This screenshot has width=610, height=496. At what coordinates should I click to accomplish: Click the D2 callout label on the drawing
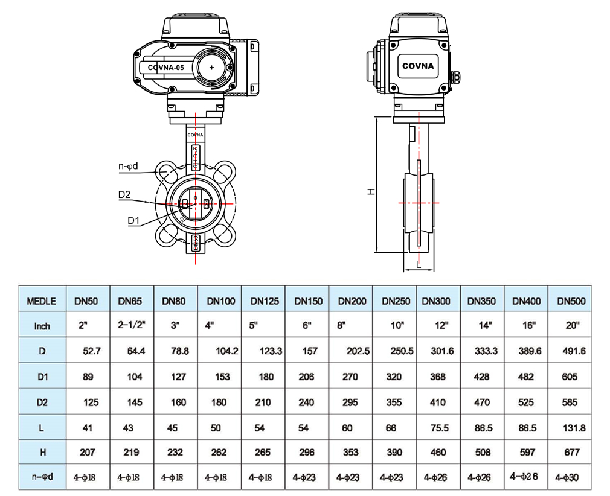coord(124,194)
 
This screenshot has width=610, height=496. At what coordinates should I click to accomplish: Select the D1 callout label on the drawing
coord(134,221)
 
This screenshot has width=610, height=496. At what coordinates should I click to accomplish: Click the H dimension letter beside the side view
coord(371,191)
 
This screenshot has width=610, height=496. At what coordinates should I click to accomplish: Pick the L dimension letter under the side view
coord(419,264)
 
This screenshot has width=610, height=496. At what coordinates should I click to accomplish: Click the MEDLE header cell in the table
coord(42,300)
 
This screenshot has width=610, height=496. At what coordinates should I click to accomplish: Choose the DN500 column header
coord(571,300)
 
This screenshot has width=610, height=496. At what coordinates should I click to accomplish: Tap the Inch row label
coord(42,326)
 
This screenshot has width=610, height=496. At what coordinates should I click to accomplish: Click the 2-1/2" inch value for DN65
coord(131,326)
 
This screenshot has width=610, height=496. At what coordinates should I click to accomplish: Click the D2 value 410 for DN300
coord(438,402)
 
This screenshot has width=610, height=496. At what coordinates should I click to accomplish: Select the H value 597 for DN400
coord(527,452)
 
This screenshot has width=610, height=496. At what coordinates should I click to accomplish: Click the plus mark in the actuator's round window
coord(211,68)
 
